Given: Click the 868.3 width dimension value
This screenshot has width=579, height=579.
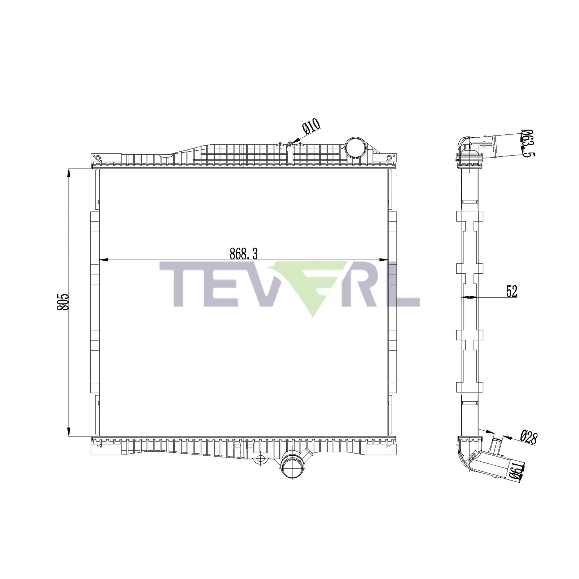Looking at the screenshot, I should coord(243,254).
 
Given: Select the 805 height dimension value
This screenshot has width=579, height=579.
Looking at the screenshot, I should coord(63,302).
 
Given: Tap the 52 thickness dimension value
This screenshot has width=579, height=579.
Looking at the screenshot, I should coord(512,291).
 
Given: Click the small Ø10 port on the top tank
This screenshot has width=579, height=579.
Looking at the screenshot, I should coord(290,144).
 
